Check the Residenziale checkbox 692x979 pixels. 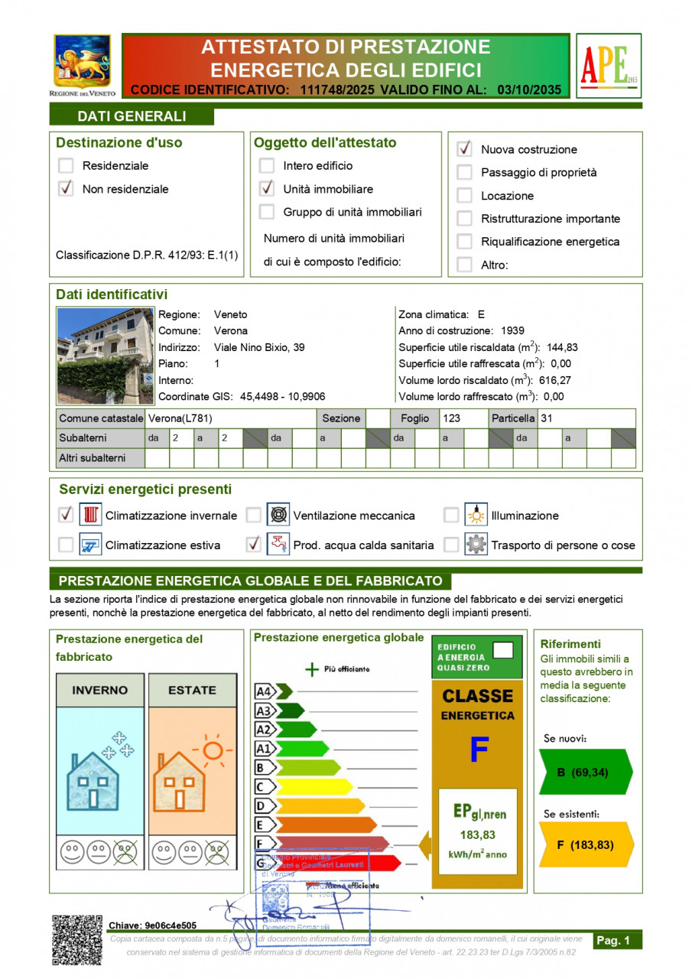[x=67, y=165]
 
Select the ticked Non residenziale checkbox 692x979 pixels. [x=67, y=189]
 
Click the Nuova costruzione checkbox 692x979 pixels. [x=464, y=149]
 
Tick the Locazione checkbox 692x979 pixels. [x=464, y=196]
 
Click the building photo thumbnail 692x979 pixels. [x=106, y=356]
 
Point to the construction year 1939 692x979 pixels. [x=512, y=331]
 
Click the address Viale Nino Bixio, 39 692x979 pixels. [x=259, y=347]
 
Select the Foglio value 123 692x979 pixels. [x=451, y=418]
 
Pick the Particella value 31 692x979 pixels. [x=547, y=418]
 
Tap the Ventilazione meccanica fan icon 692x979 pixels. [x=278, y=516]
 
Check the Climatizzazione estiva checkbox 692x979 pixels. [x=67, y=545]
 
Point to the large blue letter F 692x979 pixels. [x=479, y=750]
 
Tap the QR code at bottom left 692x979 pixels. [x=76, y=940]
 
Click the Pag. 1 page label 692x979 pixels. [x=613, y=941]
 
